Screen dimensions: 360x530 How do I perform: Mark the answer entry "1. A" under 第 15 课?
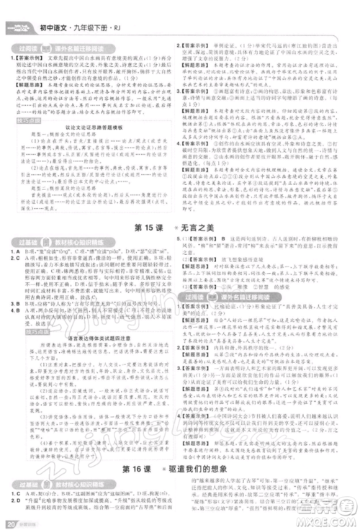point(12,251)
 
